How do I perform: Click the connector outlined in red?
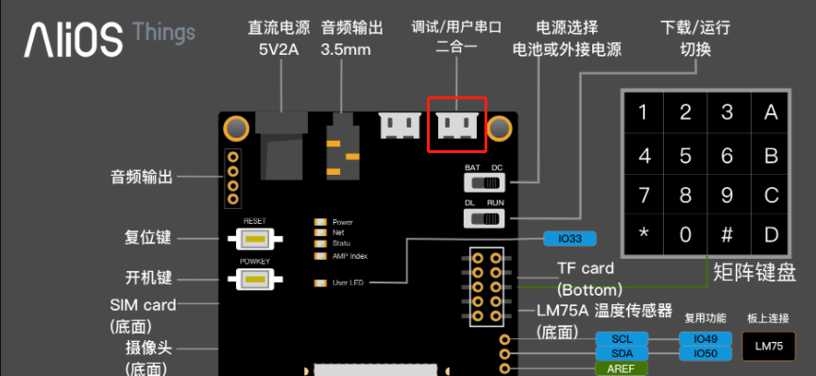(457, 125)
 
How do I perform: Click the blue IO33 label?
(569, 238)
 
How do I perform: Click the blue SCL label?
(621, 338)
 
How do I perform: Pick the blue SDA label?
(621, 353)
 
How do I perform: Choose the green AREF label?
(621, 368)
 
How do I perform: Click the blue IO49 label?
(705, 338)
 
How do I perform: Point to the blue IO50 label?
(705, 353)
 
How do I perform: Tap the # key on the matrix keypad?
(727, 233)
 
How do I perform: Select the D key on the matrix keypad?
(771, 233)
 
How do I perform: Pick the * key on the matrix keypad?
(643, 233)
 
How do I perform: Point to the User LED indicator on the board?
(319, 282)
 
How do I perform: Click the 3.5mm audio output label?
(346, 49)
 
